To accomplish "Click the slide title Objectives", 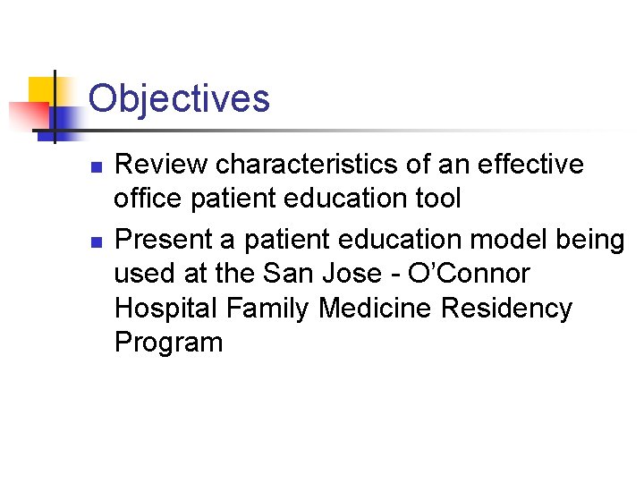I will (179, 98).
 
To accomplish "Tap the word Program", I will (168, 343).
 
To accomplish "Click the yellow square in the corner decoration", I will (43, 90).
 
